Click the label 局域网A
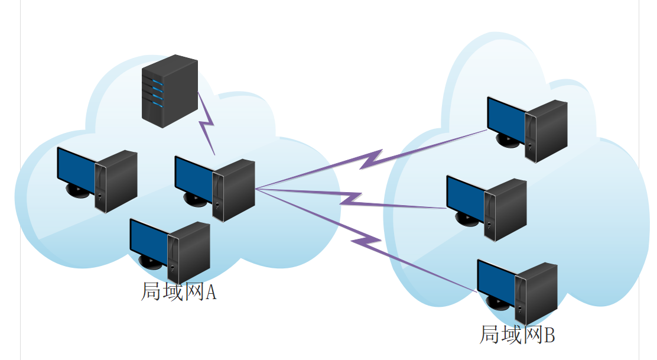pos(178,291)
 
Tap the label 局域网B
pos(517,335)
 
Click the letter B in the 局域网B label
pos(549,336)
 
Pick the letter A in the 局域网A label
pos(210,292)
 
